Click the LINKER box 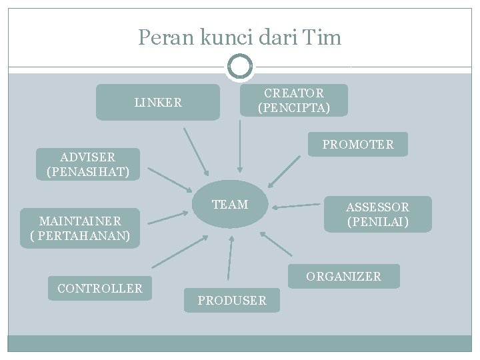[x=157, y=102]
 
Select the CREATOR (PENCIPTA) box [x=293, y=100]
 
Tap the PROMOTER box [x=357, y=144]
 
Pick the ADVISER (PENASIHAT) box [x=88, y=165]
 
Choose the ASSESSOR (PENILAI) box [x=377, y=214]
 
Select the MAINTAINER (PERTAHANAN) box [x=80, y=228]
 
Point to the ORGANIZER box [x=343, y=276]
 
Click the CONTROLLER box [x=100, y=289]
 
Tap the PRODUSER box [x=231, y=301]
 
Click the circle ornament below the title [x=239, y=66]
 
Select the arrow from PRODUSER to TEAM [x=230, y=257]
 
